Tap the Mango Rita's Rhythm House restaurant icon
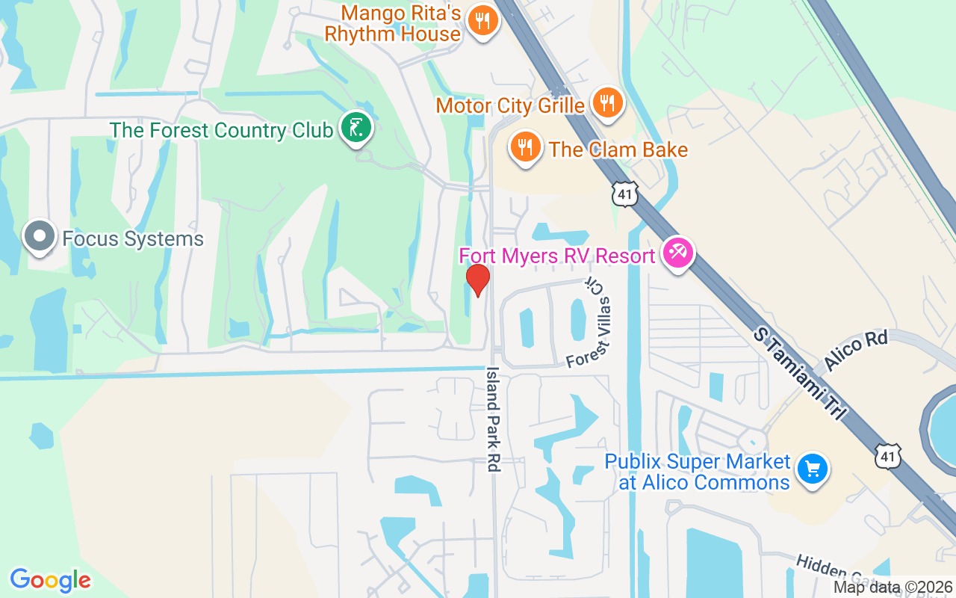[x=483, y=20]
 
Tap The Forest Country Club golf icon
[x=356, y=128]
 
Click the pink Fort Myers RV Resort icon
[x=678, y=253]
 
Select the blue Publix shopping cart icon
[x=812, y=469]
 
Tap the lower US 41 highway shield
[x=887, y=455]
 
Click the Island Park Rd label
[x=493, y=419]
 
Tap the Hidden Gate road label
[x=829, y=570]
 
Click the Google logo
[x=50, y=580]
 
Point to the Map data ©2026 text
[x=893, y=588]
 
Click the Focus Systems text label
[x=133, y=239]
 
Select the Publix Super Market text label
[x=697, y=472]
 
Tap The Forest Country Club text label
[x=220, y=130]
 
